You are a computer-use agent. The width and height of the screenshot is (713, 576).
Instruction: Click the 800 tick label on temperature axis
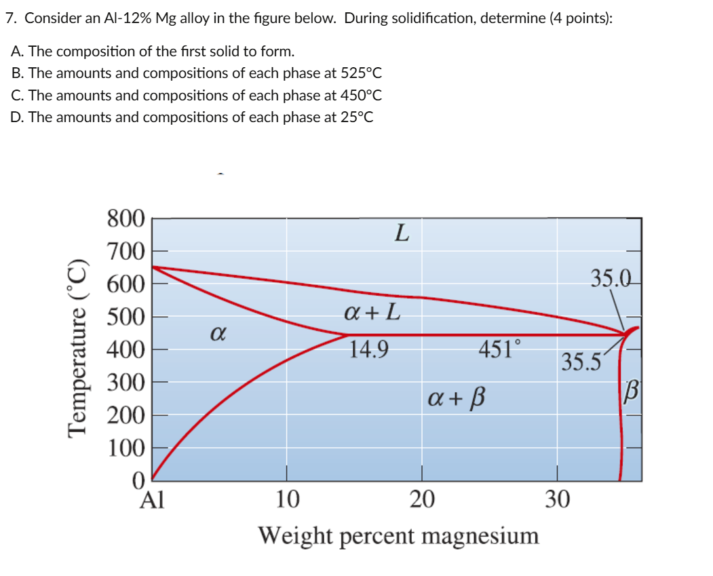tap(126, 219)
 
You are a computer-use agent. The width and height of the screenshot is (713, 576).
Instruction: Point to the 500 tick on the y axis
tap(126, 318)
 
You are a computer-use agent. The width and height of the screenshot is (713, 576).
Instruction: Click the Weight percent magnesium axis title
tap(399, 535)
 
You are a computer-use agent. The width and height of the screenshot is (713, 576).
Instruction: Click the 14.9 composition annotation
tap(369, 350)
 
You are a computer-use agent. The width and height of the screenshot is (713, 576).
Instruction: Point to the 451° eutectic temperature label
tap(501, 350)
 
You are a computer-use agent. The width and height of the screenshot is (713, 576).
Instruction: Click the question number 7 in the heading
tap(10, 18)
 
